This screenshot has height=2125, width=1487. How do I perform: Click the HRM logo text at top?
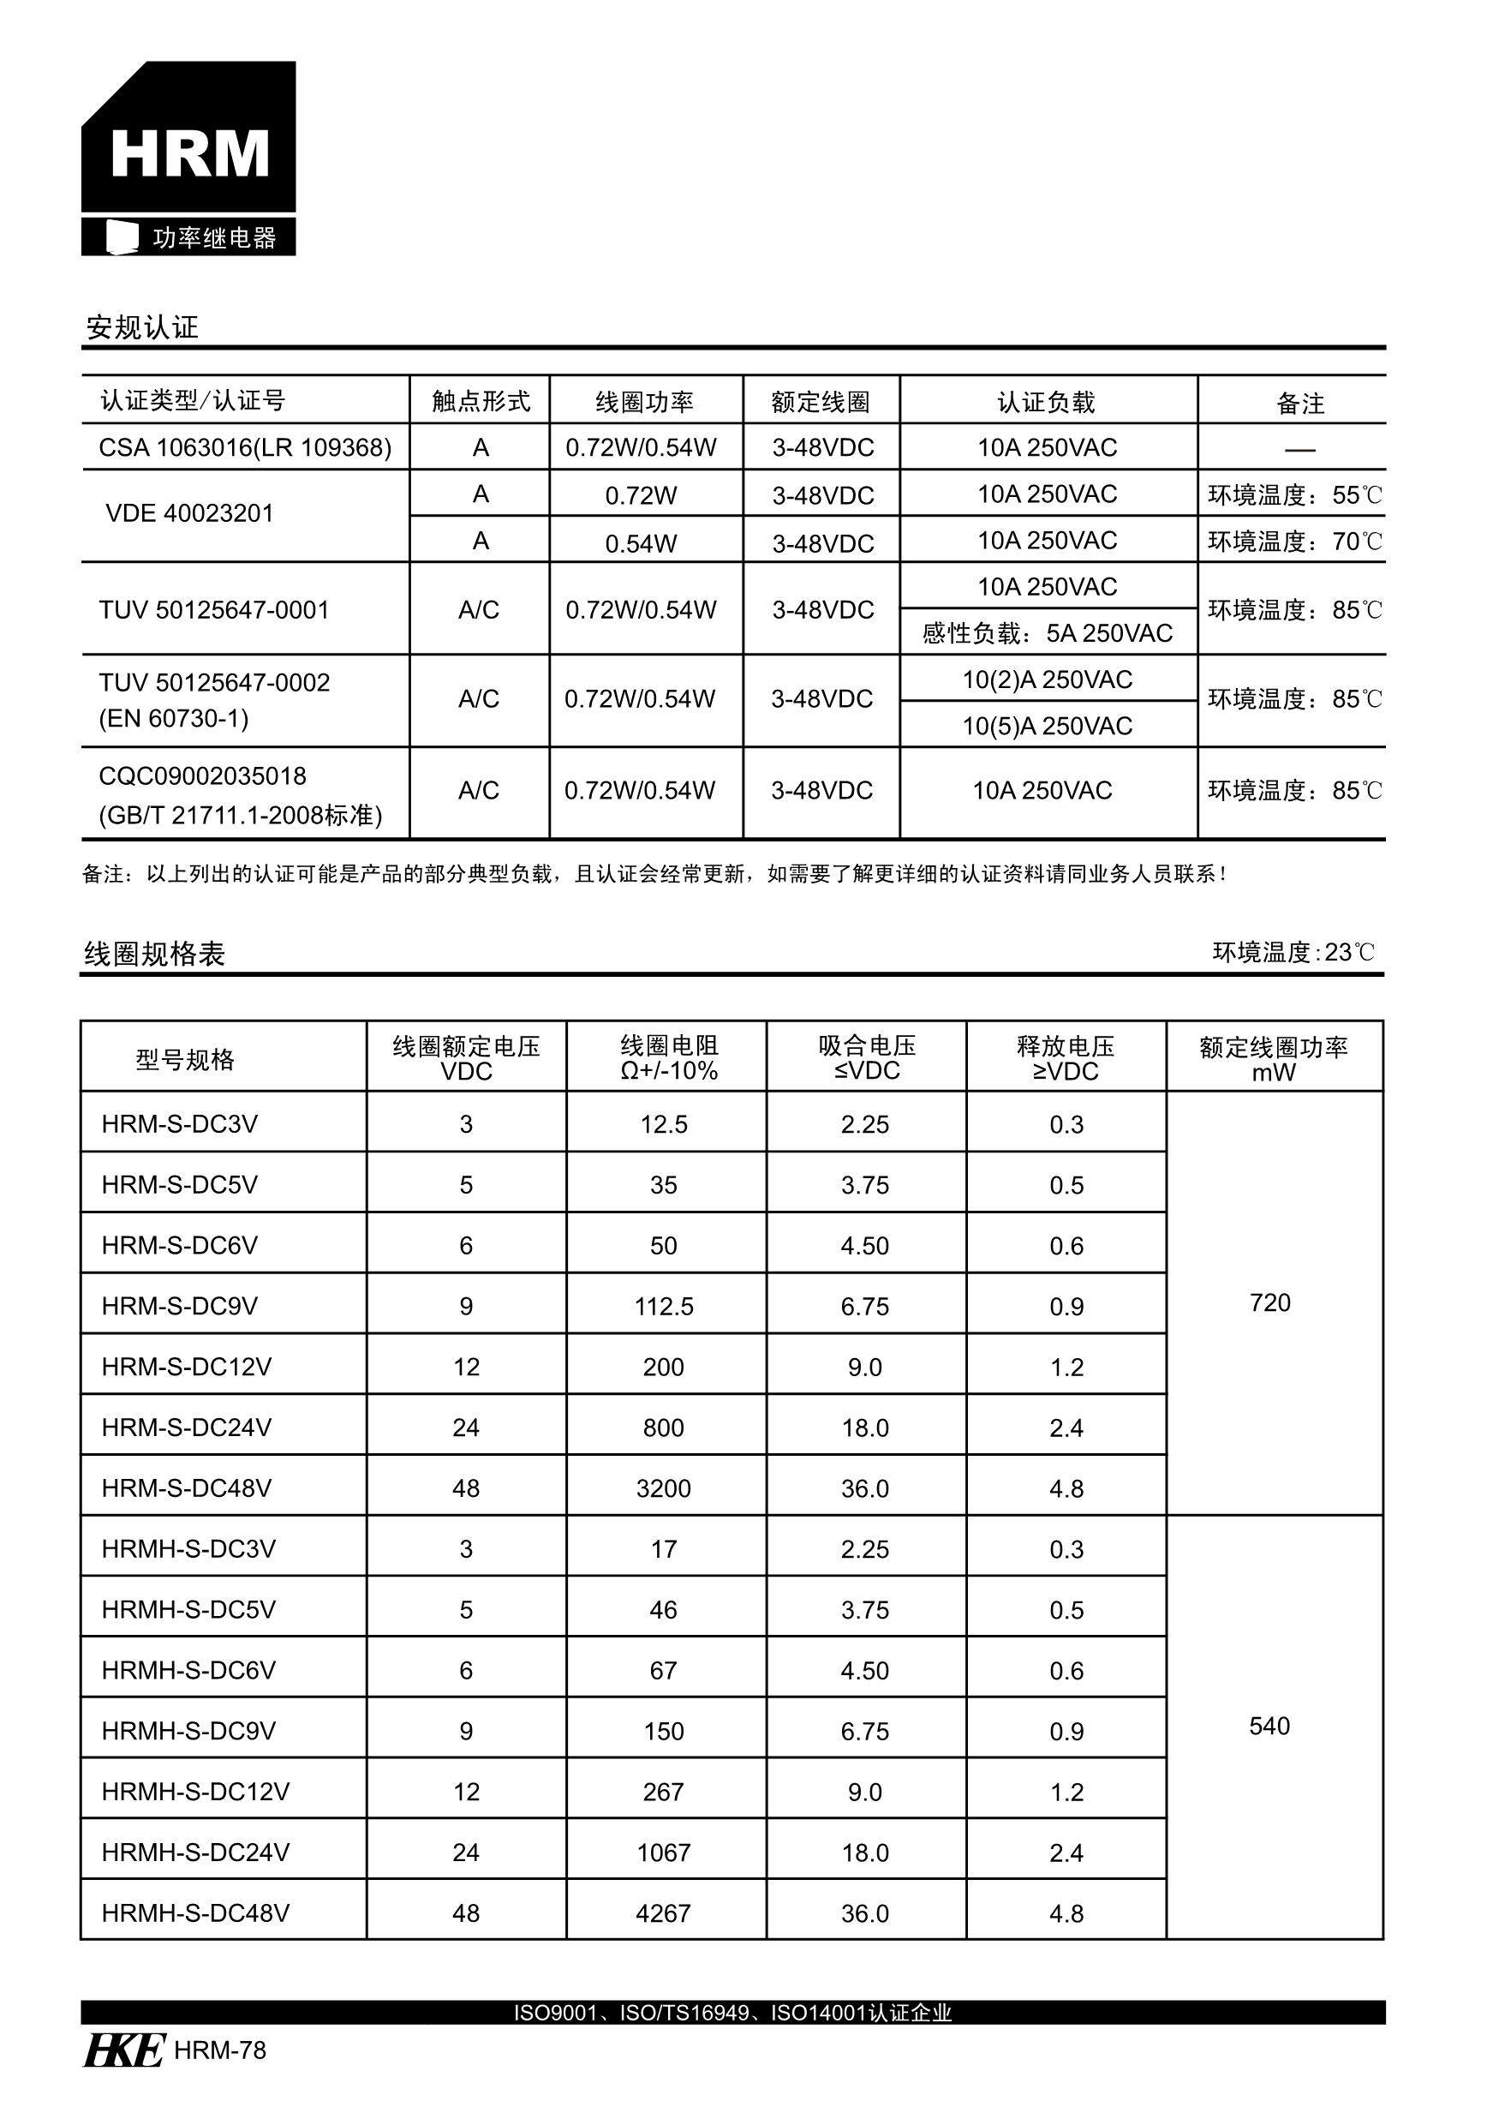189,153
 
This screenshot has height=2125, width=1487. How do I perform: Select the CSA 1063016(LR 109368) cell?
244,448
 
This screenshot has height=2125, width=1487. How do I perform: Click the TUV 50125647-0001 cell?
214,610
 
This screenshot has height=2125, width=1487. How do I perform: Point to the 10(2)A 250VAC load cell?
1047,680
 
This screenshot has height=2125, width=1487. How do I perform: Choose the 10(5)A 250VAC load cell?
1047,727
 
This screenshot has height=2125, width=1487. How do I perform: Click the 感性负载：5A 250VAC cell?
1047,634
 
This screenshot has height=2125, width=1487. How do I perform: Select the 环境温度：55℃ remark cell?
1293,495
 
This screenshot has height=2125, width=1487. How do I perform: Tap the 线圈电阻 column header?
668,1058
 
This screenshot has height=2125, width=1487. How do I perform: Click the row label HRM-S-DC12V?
186,1367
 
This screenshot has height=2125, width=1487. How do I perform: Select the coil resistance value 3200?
664,1488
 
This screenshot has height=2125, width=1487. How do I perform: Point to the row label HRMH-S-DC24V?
195,1852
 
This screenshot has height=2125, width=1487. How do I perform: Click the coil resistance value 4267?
664,1913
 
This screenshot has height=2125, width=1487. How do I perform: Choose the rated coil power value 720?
1269,1303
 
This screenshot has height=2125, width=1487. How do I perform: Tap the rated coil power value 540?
1269,1726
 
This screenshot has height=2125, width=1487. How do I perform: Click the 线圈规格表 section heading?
154,955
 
